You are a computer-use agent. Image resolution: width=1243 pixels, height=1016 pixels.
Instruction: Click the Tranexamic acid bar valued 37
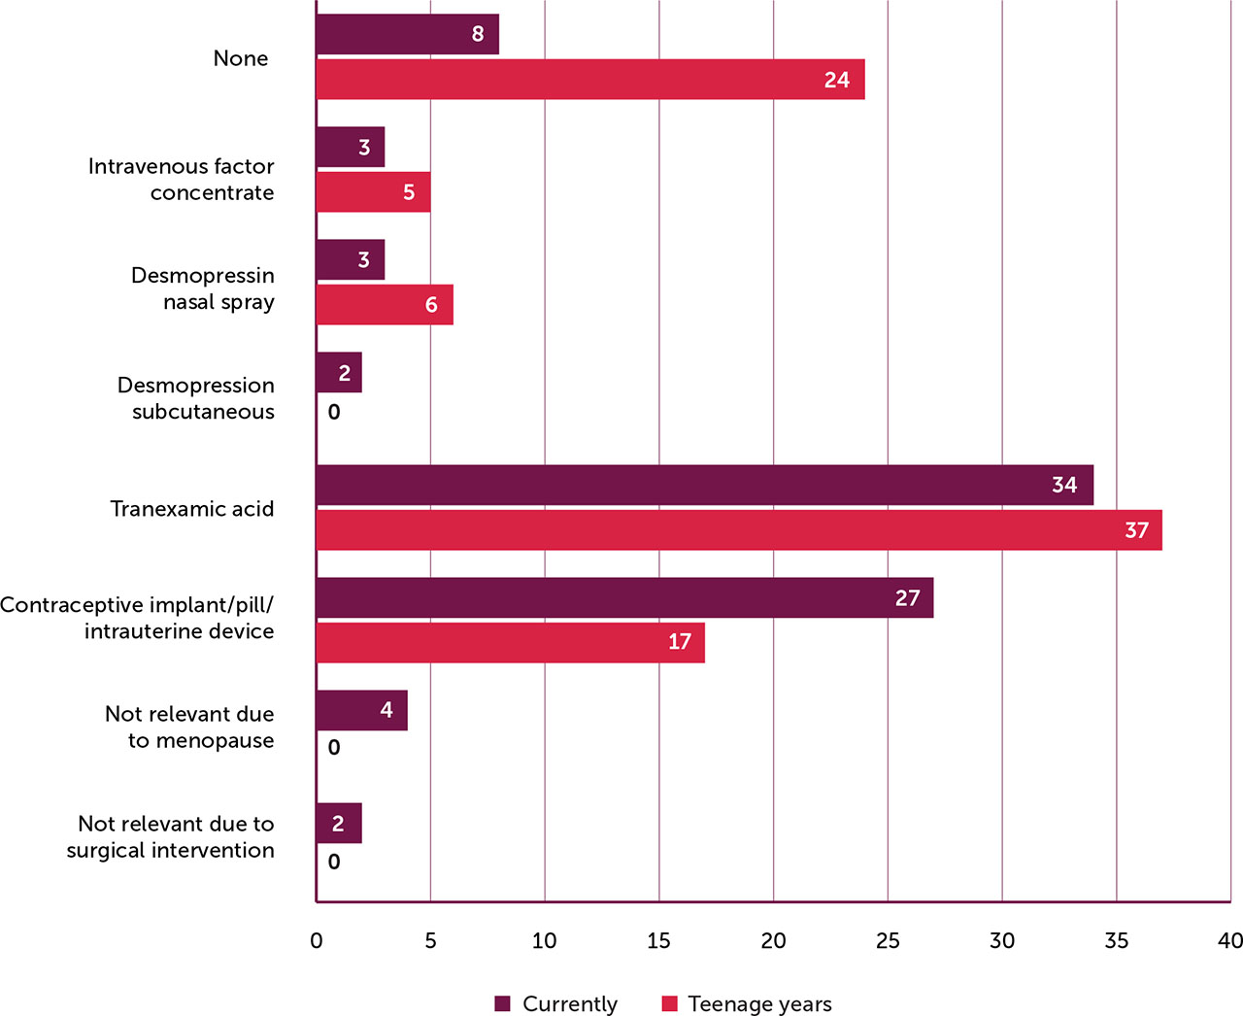(x=738, y=530)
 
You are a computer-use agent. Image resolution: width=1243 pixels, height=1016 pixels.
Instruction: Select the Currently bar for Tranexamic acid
(x=704, y=486)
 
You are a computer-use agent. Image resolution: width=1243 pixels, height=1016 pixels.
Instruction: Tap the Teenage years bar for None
(x=589, y=80)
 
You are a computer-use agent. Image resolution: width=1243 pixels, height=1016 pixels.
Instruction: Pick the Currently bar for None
(x=407, y=35)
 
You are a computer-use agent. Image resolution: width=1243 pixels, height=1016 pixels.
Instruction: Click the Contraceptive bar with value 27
(x=624, y=598)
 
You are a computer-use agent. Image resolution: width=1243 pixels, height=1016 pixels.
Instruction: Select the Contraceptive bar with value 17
(x=510, y=643)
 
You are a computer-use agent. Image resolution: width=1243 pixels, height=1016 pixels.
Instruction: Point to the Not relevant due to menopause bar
(x=361, y=711)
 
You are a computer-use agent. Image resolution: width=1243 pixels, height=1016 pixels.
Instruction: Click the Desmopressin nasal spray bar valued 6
(x=385, y=305)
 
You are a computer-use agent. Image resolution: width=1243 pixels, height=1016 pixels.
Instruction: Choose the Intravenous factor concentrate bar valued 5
(x=373, y=192)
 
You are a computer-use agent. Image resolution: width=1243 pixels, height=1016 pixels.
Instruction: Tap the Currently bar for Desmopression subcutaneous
(x=339, y=373)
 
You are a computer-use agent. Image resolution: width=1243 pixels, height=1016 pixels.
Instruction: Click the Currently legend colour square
(x=502, y=1004)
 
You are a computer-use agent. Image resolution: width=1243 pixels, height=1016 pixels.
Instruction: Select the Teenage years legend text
(x=759, y=1004)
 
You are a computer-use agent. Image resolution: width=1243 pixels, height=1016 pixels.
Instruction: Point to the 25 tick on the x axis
(x=888, y=940)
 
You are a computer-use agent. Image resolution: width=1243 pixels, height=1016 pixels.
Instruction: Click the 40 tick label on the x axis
(x=1229, y=940)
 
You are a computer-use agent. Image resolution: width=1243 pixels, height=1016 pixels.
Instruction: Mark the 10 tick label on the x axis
(x=545, y=940)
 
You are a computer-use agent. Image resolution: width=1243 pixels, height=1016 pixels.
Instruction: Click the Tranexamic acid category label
(x=192, y=509)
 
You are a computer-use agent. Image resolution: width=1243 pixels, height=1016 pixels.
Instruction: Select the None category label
(x=241, y=58)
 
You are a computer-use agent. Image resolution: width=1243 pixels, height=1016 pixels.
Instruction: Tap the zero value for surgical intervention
(x=334, y=863)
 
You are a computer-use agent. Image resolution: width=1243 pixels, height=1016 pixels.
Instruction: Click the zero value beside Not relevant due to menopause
(x=334, y=748)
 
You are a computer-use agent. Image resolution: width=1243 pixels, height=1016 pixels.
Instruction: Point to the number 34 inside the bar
(x=1064, y=486)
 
